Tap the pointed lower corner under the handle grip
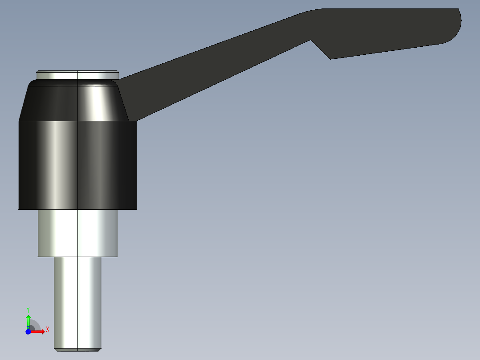coord(330,58)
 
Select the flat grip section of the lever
coord(387,31)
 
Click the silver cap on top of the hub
coord(77,75)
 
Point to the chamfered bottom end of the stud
coord(77,349)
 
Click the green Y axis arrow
coord(28,320)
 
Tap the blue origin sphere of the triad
coord(28,331)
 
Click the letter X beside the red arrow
coord(48,330)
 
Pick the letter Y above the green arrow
coord(28,309)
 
